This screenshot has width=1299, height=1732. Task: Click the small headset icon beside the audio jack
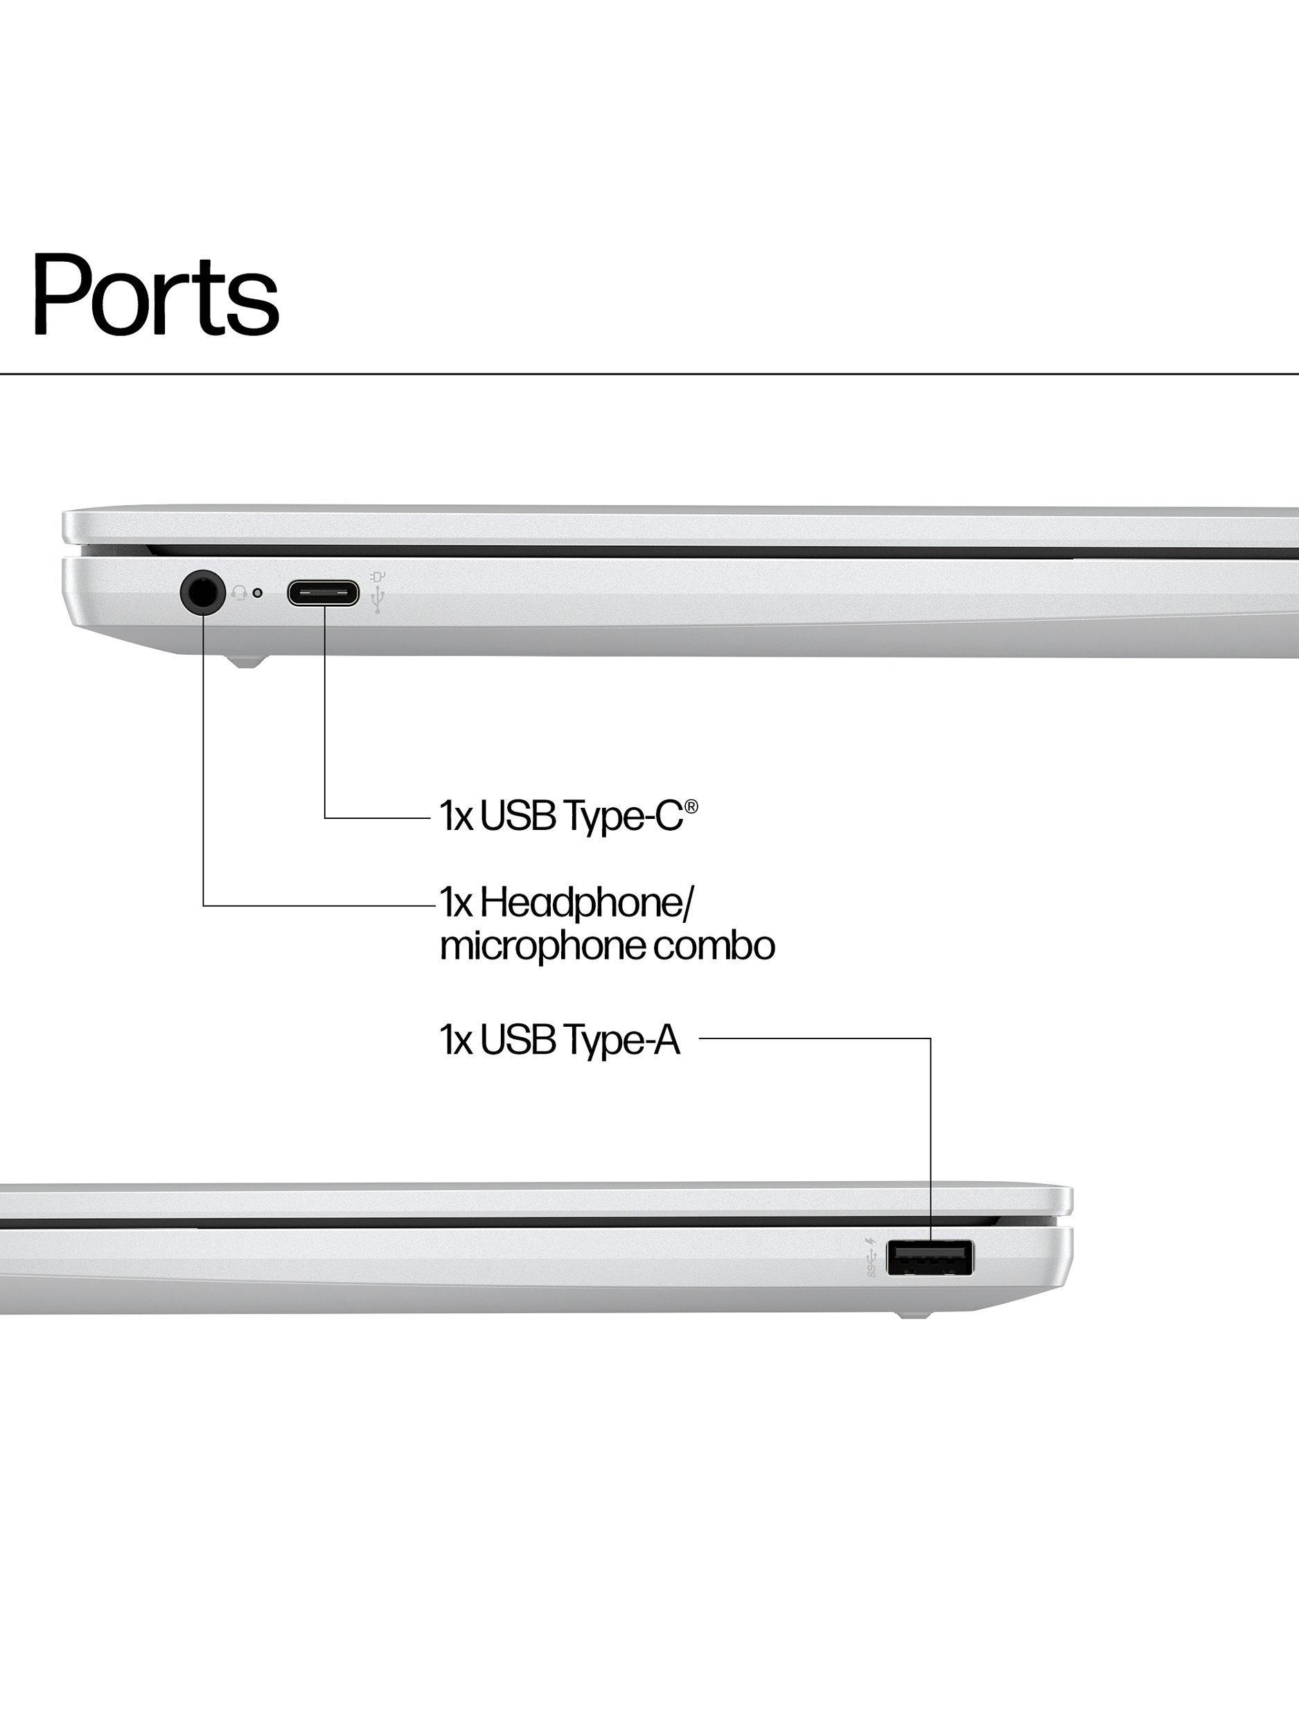click(239, 594)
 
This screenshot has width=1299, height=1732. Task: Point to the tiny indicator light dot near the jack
click(258, 593)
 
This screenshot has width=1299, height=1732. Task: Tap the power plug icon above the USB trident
click(378, 577)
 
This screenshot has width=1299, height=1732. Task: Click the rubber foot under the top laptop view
click(246, 662)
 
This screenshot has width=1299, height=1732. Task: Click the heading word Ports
click(155, 294)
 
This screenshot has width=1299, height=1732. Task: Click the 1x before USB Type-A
click(456, 1041)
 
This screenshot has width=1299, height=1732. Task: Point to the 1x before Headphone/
click(456, 903)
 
